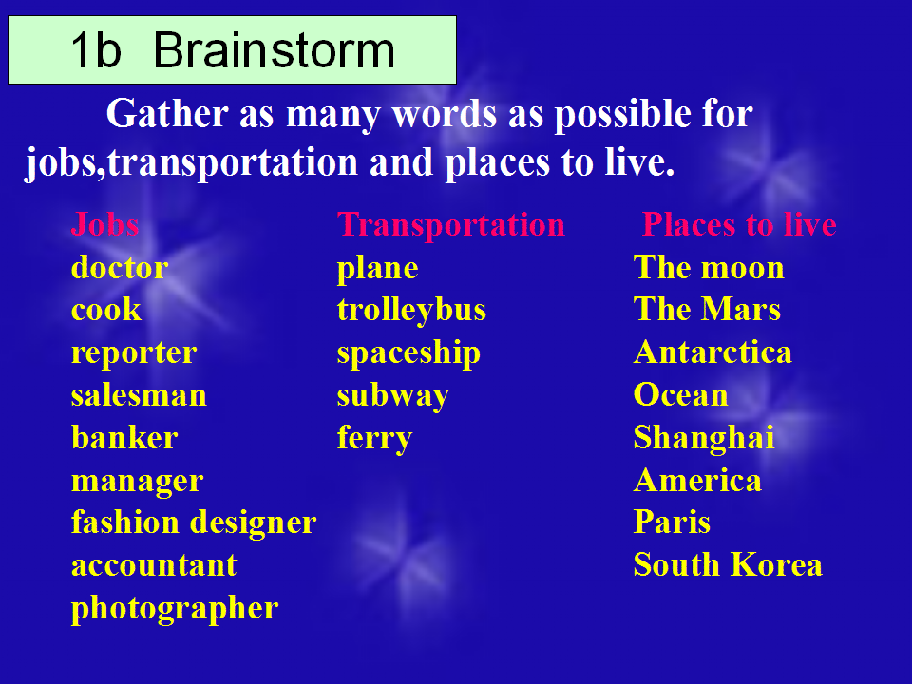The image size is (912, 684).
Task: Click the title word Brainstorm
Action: coord(274,50)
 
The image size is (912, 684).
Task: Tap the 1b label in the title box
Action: coord(96,50)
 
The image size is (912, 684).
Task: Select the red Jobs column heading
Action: coord(104,224)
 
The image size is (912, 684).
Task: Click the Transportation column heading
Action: coord(450,224)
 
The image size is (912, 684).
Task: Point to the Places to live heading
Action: coord(739,224)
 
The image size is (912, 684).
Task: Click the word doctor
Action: coord(120,268)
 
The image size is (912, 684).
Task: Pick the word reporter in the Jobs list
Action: coord(134,353)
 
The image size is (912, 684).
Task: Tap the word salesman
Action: coord(139,395)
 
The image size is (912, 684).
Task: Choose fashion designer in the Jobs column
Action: coord(194,522)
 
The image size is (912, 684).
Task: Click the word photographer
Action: coord(175,608)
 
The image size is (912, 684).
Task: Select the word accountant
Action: coord(154,565)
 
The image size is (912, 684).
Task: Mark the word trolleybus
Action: coord(411,311)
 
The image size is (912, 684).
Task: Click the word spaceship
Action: coord(408,353)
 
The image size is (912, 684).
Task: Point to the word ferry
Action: coord(374,439)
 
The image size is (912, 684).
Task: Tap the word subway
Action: coord(393,396)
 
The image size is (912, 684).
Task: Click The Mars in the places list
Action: coord(707,309)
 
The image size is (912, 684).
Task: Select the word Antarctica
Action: coord(712,352)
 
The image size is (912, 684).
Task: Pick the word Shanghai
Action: coord(704,438)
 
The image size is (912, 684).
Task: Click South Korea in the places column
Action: coord(728,564)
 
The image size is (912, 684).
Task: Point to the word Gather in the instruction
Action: coord(167,113)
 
